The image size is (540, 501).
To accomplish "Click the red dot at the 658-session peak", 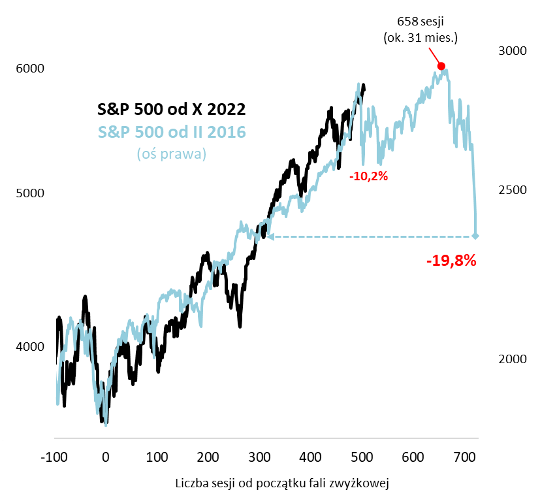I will pos(441,66).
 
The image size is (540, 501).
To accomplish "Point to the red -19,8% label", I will pos(451,261).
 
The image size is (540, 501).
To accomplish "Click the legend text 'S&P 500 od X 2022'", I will pos(172,109).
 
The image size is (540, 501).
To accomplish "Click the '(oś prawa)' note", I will pos(172,154).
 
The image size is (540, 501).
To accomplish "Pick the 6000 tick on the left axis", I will pos(29,68).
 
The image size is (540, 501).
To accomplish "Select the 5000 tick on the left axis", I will pos(29,193).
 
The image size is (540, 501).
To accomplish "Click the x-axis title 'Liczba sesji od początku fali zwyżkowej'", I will pos(282,484).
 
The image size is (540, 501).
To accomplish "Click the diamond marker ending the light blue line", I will pos(476,236).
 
